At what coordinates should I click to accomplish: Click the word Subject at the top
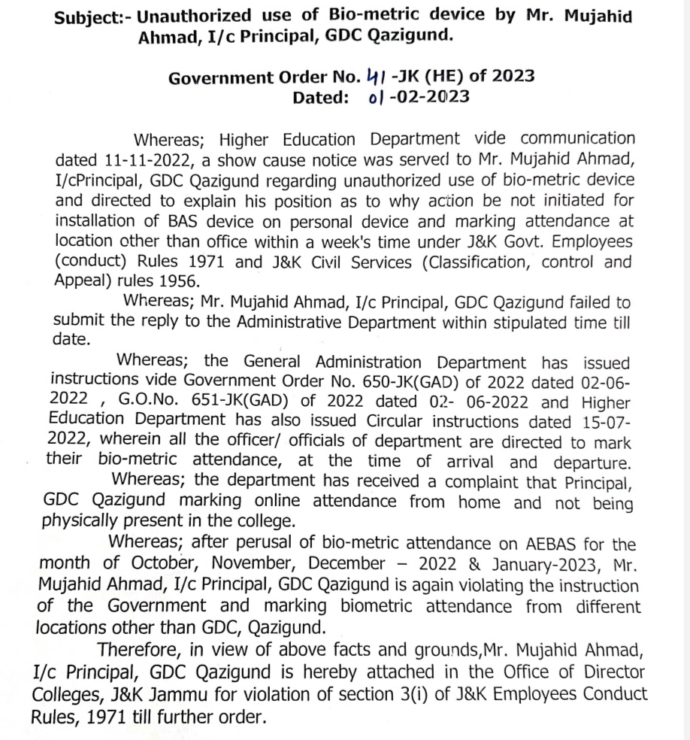[88, 18]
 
